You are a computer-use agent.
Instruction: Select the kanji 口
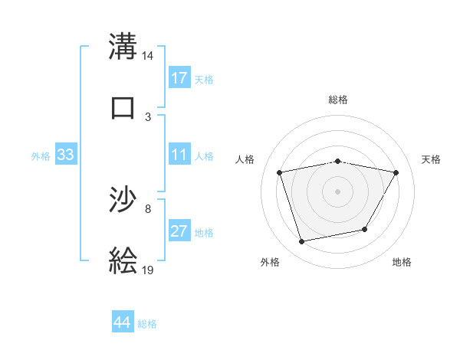tap(123, 107)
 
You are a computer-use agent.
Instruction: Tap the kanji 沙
tap(123, 201)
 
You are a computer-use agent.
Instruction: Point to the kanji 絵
tap(123, 260)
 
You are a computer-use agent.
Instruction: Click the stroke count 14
tap(148, 56)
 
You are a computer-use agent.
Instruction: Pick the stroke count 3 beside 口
tap(148, 116)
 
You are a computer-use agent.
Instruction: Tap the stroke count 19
tap(148, 270)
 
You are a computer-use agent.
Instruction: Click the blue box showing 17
tap(179, 78)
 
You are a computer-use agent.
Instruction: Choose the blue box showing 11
tap(179, 155)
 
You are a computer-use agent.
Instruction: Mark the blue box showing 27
tap(179, 232)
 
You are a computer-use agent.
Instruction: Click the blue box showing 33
tap(65, 155)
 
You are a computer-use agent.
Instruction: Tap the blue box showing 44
tap(123, 322)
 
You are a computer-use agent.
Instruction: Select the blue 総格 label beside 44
tap(147, 324)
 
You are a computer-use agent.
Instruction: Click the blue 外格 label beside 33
tap(41, 156)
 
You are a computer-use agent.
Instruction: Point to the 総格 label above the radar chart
tap(338, 100)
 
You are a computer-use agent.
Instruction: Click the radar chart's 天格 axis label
tap(431, 159)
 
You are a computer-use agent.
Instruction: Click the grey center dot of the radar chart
tap(338, 191)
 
